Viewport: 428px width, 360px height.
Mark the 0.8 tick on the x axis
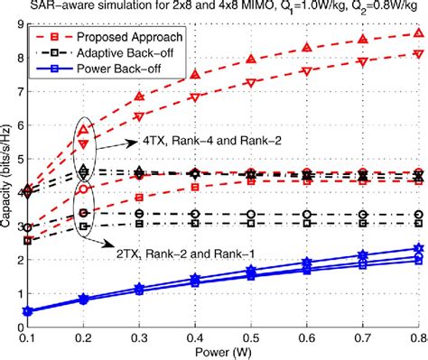[x=417, y=337]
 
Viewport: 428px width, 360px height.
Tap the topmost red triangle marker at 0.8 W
[x=417, y=32]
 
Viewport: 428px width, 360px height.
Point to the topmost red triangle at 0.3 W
[x=139, y=96]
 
